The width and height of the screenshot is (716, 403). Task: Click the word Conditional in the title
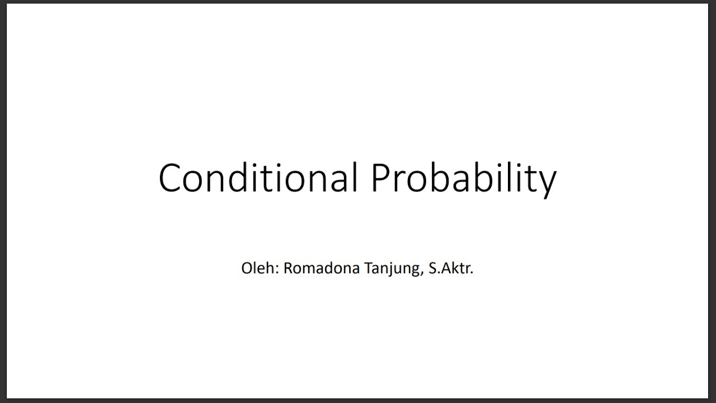pos(258,178)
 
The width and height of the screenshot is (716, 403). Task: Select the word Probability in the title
pos(463,178)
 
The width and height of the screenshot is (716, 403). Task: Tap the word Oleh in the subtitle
pos(260,268)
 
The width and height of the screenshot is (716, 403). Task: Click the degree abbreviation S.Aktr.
pos(450,268)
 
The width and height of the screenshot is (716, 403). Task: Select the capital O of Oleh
pos(247,268)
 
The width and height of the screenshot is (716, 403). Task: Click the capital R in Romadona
pos(288,268)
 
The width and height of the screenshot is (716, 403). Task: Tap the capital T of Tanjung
pos(353,268)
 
